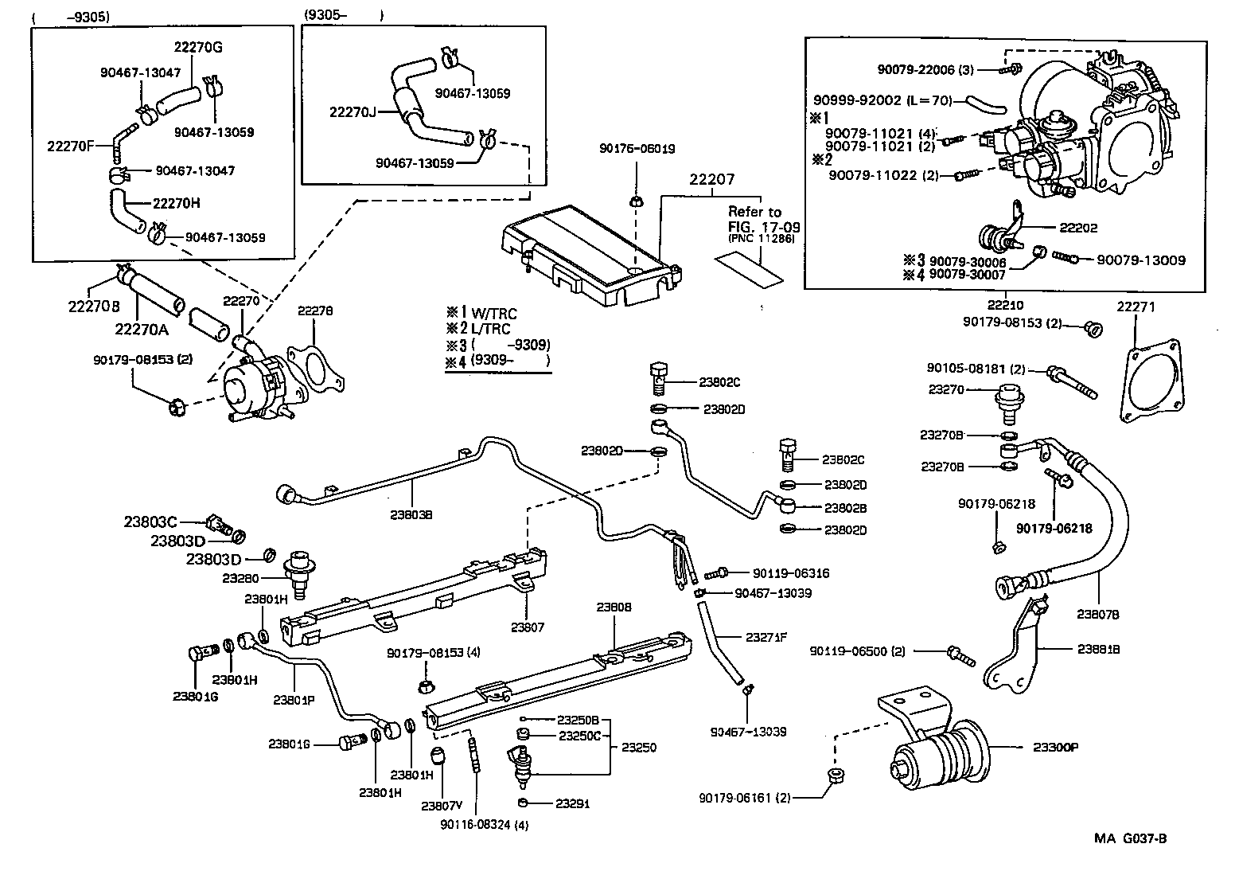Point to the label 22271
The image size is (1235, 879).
pos(1136,307)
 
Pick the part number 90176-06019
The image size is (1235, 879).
pos(637,148)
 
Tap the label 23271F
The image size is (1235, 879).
pos(766,636)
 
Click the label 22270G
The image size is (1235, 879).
pos(198,47)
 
